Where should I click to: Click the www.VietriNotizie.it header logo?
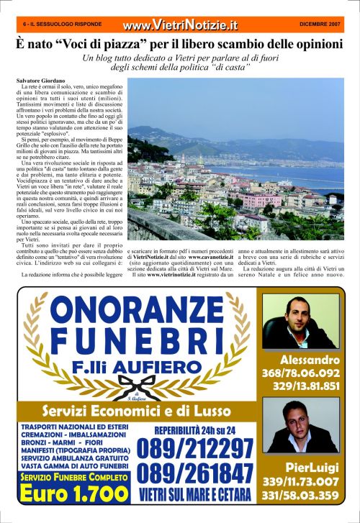tap(179, 25)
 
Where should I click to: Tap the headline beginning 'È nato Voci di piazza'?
tap(180, 44)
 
